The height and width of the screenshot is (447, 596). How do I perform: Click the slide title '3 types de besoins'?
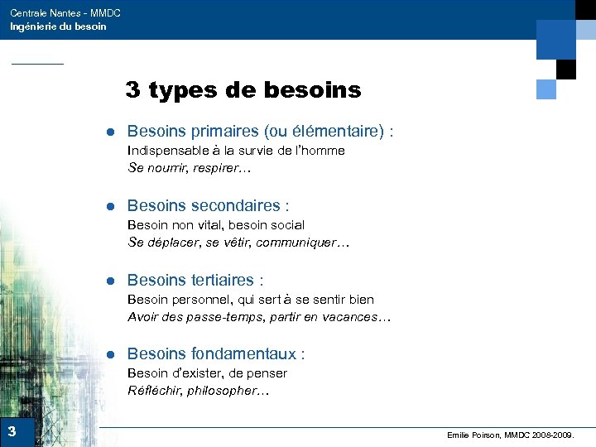(x=243, y=89)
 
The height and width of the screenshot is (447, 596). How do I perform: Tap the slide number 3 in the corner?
(x=12, y=431)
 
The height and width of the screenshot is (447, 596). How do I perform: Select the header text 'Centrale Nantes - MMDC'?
(x=65, y=13)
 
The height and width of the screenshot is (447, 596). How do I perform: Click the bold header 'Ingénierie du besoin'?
(x=58, y=26)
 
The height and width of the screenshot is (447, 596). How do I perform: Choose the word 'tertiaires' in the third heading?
(x=223, y=280)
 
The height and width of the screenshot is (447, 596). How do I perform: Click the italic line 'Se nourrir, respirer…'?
(x=189, y=168)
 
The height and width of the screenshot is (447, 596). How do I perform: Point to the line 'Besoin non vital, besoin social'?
(x=216, y=224)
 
